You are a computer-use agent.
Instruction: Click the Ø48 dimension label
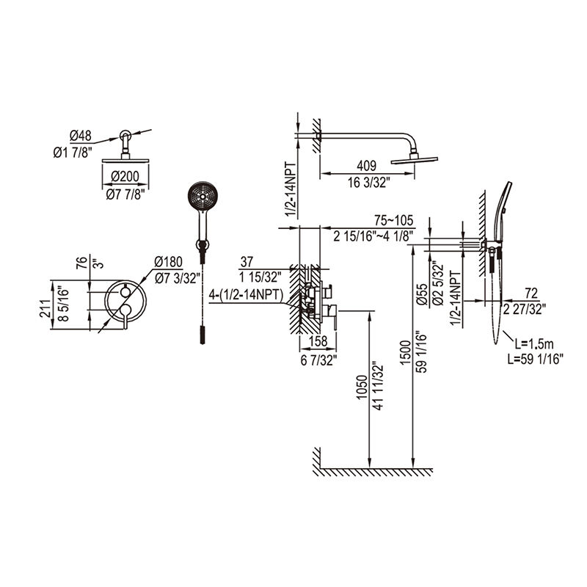pyautogui.click(x=81, y=136)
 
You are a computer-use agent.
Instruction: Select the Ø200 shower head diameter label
pyautogui.click(x=125, y=176)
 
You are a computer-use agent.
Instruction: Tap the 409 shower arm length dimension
pyautogui.click(x=366, y=166)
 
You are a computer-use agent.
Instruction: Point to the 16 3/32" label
pyautogui.click(x=369, y=183)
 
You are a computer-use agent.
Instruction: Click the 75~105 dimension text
pyautogui.click(x=394, y=220)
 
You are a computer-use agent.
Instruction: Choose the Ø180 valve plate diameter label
pyautogui.click(x=168, y=262)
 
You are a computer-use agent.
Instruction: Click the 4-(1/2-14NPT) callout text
pyautogui.click(x=246, y=295)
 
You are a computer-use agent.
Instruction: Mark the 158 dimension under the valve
pyautogui.click(x=318, y=341)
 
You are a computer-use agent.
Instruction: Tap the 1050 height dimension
pyautogui.click(x=362, y=387)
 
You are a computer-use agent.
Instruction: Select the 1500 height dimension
pyautogui.click(x=405, y=353)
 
